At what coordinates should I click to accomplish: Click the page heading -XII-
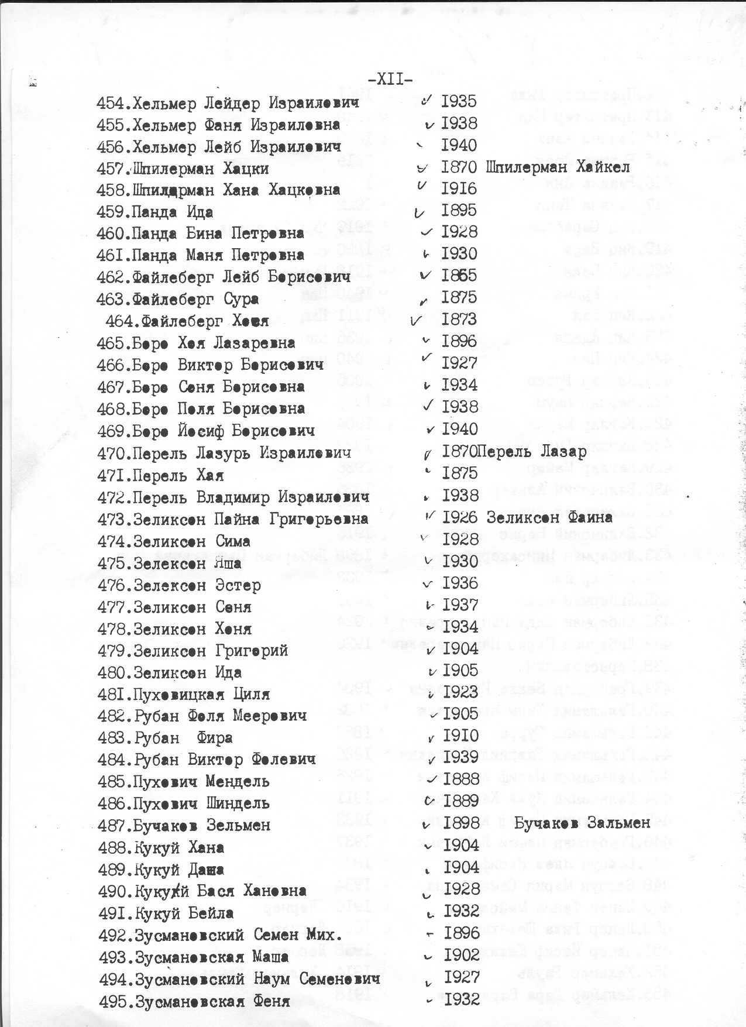click(391, 79)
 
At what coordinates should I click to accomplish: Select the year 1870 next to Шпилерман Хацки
click(459, 167)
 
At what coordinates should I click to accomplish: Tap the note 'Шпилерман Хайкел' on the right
click(558, 167)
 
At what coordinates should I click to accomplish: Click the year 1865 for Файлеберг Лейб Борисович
click(459, 276)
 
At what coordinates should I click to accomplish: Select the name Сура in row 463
click(241, 300)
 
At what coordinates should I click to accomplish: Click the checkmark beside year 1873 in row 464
click(417, 320)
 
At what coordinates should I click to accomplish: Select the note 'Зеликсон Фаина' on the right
click(549, 518)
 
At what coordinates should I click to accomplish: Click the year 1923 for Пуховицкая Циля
click(460, 692)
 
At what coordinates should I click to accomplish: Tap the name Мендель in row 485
click(238, 782)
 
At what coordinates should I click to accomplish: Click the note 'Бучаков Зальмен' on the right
click(582, 823)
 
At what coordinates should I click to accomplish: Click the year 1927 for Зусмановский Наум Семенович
click(462, 977)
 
